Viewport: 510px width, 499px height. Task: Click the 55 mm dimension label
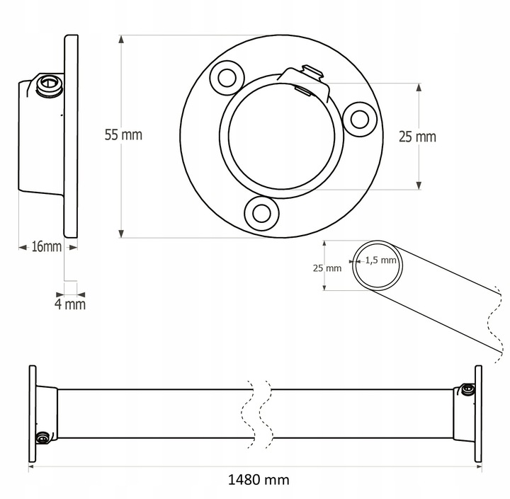[x=123, y=134]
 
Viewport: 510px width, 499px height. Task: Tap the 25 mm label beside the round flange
[x=417, y=137]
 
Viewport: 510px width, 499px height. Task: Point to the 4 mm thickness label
[x=70, y=304]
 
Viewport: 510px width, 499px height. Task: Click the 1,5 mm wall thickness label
[x=380, y=260]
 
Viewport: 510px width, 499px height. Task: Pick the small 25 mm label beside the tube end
[x=327, y=268]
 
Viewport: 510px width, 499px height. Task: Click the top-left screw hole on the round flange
[x=228, y=76]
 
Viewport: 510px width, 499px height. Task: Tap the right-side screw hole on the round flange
[x=360, y=117]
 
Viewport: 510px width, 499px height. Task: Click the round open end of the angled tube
[x=379, y=265]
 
